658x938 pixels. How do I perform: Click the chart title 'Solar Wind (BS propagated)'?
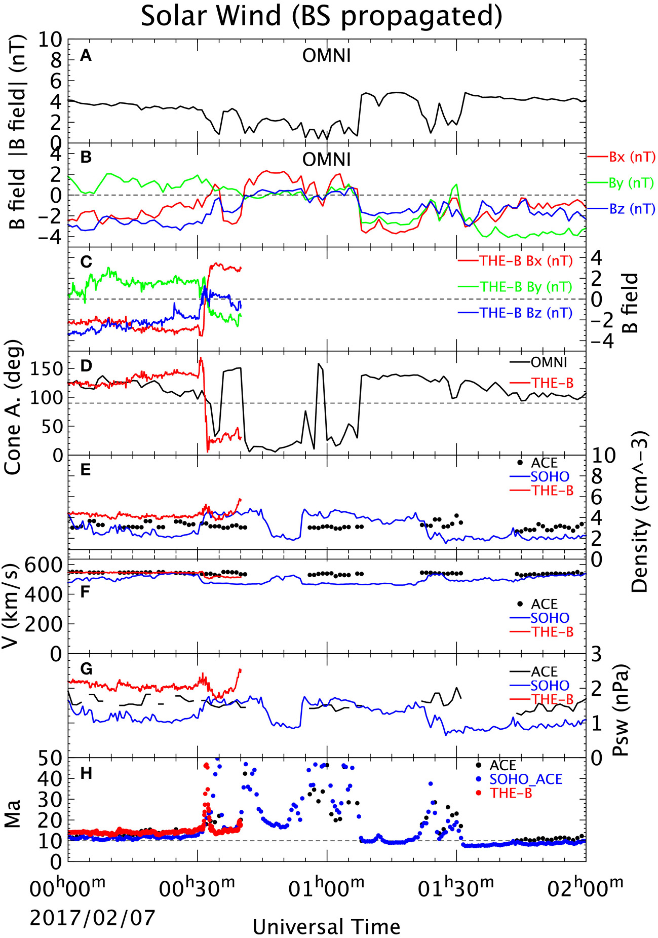tap(321, 16)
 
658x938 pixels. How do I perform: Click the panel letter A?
tap(86, 55)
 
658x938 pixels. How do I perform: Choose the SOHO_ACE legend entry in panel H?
tap(526, 779)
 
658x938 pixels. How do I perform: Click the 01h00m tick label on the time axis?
tap(327, 890)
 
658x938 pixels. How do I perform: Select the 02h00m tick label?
tap(586, 890)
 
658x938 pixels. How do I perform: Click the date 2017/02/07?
tap(92, 918)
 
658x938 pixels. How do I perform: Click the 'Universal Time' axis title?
tap(327, 927)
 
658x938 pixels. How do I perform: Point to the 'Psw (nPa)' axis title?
tap(621, 709)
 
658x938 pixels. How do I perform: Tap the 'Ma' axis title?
tap(12, 813)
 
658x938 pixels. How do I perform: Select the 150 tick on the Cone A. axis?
tap(46, 369)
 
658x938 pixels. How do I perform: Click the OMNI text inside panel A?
tap(327, 55)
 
